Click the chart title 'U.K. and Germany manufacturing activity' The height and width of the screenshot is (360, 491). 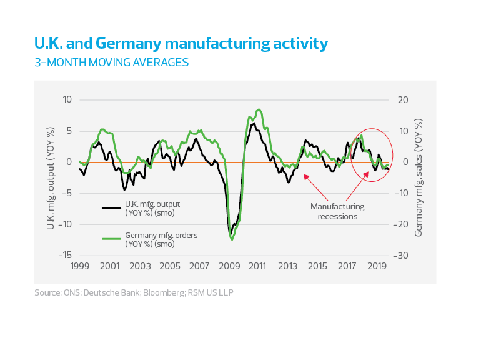coord(181,44)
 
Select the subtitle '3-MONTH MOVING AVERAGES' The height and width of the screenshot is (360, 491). coord(111,62)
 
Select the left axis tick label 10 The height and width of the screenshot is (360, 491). coord(67,100)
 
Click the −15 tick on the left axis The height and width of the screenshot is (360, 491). coord(64,256)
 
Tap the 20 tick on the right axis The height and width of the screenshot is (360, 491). coord(403,100)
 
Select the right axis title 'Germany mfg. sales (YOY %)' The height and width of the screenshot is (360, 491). coord(419,178)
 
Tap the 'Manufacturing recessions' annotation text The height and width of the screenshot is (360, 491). coord(337,211)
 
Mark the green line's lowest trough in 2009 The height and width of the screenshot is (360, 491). coord(232,239)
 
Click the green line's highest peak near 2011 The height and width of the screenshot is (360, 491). coord(259,109)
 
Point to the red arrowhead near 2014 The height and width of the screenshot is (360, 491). coord(305,176)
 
